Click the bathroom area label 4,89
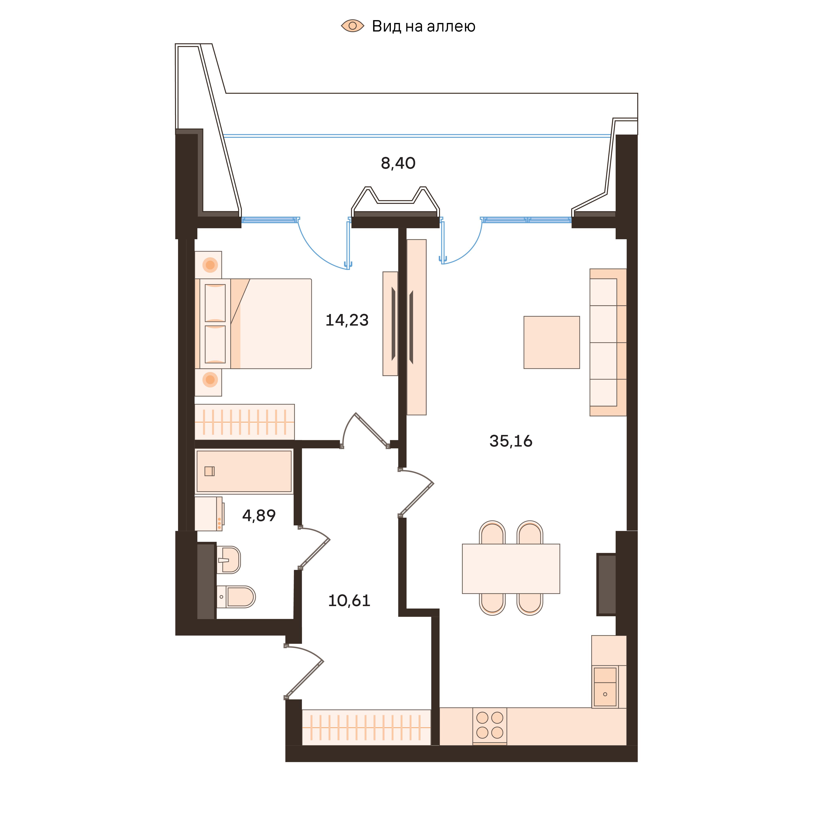259,515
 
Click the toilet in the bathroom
237,597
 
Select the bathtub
244,471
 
